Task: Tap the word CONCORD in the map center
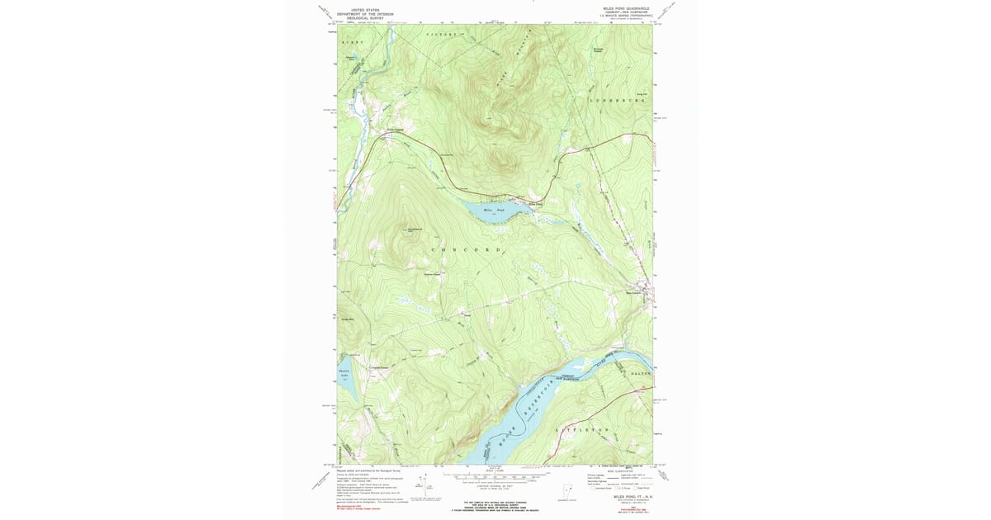pyautogui.click(x=466, y=248)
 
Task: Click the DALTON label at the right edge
pyautogui.click(x=641, y=374)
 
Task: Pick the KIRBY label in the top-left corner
pyautogui.click(x=353, y=40)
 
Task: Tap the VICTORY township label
pyautogui.click(x=441, y=35)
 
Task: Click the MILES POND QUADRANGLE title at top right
pyautogui.click(x=627, y=9)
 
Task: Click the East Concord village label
pyautogui.click(x=635, y=291)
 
